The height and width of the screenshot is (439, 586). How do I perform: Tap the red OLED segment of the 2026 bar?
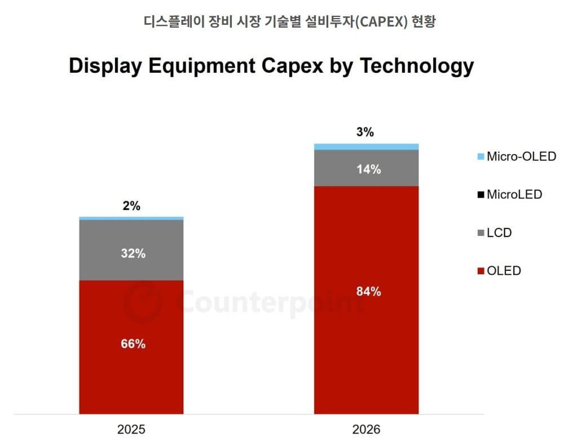366,339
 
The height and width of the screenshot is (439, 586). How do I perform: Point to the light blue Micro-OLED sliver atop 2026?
366,147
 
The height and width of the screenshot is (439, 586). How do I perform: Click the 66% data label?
133,344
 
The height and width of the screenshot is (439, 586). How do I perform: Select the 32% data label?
133,253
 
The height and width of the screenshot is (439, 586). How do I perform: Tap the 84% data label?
368,292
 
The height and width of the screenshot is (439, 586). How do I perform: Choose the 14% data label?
368,169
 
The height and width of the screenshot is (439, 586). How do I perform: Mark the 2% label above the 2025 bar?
131,206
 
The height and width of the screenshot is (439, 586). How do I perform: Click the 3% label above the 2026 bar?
365,133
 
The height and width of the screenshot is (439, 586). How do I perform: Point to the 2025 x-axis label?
131,429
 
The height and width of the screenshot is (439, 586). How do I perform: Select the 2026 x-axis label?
366,429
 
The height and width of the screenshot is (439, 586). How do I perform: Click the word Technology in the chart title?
417,65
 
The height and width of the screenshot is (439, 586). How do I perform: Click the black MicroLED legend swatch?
481,195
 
